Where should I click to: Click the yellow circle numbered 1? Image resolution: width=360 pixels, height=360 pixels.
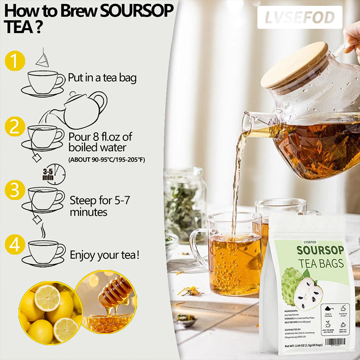pos(15,61)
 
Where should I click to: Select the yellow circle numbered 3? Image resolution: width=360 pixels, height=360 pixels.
pos(15,190)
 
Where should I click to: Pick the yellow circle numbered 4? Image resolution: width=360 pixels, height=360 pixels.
pos(15,245)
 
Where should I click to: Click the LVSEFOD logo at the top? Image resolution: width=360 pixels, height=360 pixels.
pos(299,18)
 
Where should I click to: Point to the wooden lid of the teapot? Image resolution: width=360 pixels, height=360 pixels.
pos(295,65)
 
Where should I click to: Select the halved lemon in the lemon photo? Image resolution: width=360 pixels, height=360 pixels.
pos(47,297)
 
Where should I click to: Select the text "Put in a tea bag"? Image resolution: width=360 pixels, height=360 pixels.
pos(102,78)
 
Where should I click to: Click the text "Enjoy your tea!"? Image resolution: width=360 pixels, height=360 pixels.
pos(104,255)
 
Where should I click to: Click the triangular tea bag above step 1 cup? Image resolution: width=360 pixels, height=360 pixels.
pos(42,58)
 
